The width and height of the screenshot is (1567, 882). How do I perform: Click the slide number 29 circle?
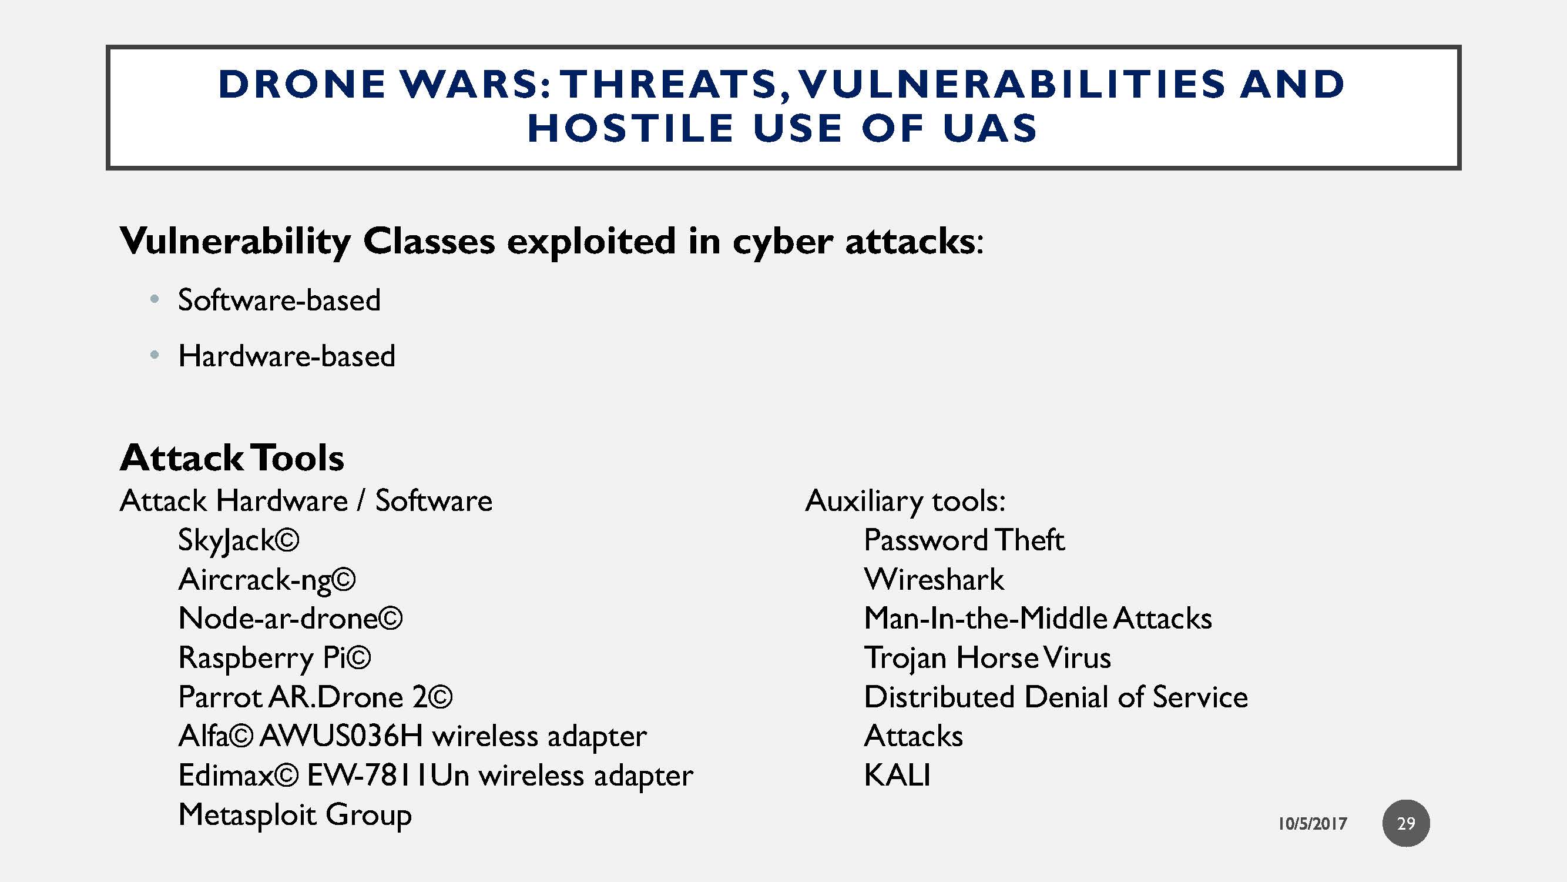click(1405, 823)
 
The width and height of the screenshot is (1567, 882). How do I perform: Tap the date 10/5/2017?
click(1312, 824)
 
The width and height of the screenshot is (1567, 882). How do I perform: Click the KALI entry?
click(897, 776)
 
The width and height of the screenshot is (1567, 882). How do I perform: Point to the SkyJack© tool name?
click(239, 540)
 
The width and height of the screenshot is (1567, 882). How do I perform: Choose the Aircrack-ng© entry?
click(266, 580)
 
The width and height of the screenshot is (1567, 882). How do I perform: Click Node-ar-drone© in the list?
click(290, 619)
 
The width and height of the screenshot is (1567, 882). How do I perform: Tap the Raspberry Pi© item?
click(274, 658)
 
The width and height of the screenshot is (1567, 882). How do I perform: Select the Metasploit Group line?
click(295, 815)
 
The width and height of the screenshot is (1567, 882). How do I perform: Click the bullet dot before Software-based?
click(155, 299)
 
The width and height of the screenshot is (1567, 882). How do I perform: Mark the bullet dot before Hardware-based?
click(155, 355)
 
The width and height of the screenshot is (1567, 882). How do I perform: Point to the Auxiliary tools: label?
click(905, 501)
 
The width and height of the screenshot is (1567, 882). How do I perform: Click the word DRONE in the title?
click(302, 84)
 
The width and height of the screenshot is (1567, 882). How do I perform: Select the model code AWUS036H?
click(341, 736)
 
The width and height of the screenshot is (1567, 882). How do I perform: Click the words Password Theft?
click(964, 540)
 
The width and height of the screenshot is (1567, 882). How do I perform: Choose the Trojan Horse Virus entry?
click(987, 658)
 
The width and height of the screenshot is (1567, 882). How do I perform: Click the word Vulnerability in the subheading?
click(236, 241)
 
